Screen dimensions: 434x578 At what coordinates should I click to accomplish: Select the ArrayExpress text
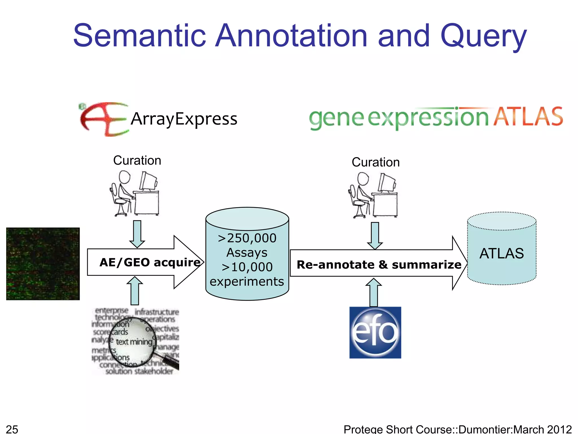click(x=184, y=119)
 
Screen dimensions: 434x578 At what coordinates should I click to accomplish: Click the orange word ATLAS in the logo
click(x=528, y=117)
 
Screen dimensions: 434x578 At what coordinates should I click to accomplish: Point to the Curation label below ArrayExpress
click(x=137, y=160)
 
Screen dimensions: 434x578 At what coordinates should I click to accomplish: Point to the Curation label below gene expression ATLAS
click(x=375, y=162)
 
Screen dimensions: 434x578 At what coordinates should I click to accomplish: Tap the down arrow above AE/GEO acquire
click(x=137, y=233)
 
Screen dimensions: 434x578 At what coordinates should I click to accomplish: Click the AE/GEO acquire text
click(x=150, y=262)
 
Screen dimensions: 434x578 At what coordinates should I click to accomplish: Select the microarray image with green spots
click(x=43, y=264)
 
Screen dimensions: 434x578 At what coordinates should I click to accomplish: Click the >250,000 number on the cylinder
click(x=247, y=238)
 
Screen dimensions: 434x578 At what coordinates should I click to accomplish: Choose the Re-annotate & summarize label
click(x=379, y=265)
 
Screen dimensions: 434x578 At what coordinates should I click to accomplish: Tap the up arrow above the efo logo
click(x=374, y=292)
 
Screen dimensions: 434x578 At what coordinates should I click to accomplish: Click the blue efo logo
click(x=375, y=333)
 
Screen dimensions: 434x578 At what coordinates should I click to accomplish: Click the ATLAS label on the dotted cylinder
click(x=502, y=253)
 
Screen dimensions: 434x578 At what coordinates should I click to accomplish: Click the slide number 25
click(x=12, y=429)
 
